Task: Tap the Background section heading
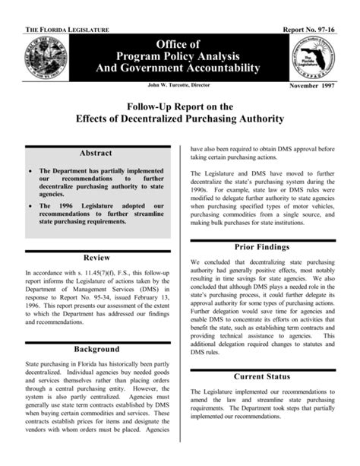tap(96, 349)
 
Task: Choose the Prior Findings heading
tap(261, 247)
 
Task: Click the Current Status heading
tap(261, 376)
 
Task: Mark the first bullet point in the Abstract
tap(30, 172)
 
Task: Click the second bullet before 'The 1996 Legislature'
tap(30, 206)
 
